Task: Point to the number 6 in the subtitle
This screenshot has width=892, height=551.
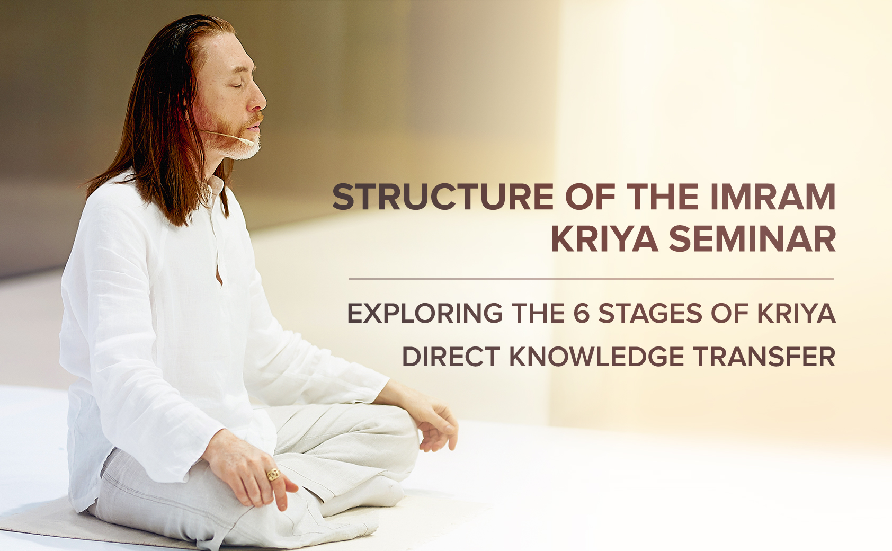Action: point(582,313)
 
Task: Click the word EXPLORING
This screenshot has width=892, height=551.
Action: point(425,313)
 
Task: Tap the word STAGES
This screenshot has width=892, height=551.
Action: point(650,313)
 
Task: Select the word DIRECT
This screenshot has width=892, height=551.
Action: point(451,357)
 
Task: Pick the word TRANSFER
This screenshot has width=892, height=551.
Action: point(764,357)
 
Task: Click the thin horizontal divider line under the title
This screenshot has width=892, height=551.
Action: point(591,279)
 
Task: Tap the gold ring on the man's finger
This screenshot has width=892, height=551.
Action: point(273,474)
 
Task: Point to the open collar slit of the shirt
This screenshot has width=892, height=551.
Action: point(219,275)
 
